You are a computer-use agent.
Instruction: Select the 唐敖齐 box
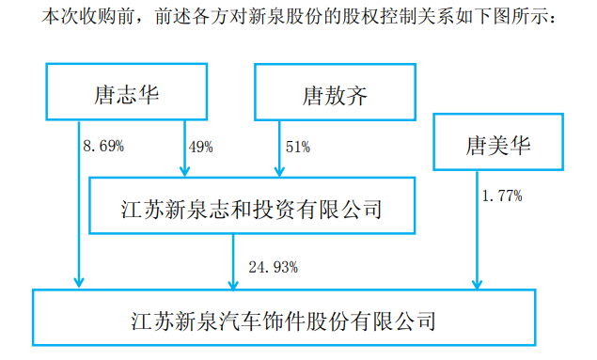329,92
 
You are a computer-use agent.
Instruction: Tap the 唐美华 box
499,144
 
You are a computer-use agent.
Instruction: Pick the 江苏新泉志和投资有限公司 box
251,207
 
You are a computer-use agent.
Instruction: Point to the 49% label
200,148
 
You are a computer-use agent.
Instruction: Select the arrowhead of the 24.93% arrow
234,283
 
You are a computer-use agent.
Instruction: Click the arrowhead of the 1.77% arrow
479,283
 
